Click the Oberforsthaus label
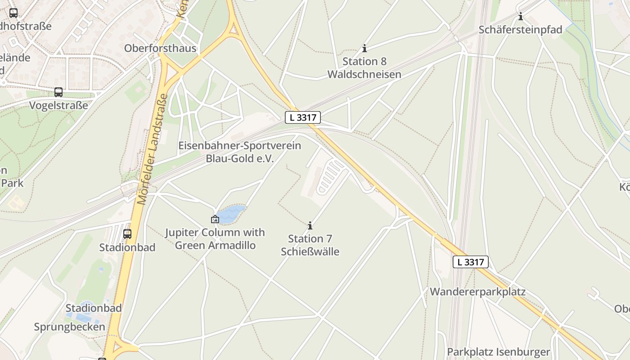[x=160, y=48]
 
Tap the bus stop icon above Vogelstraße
[x=58, y=92]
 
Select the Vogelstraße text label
[x=58, y=105]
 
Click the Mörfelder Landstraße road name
[x=153, y=148]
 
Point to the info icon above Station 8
[x=364, y=48]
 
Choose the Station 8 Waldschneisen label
[x=364, y=67]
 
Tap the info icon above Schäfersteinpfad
[x=521, y=17]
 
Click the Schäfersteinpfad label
[x=521, y=30]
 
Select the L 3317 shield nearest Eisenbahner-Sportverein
[x=303, y=118]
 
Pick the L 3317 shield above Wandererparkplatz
[x=470, y=262]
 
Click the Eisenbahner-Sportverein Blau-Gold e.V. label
[x=240, y=152]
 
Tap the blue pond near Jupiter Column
[x=232, y=214]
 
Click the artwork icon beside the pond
[x=215, y=219]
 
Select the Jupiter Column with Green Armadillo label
[x=215, y=239]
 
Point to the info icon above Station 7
[x=310, y=225]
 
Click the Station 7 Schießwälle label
[x=310, y=245]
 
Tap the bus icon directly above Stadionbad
[x=127, y=234]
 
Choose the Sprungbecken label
[x=70, y=327]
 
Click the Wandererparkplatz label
[x=477, y=292]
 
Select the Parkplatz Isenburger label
[x=499, y=352]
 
